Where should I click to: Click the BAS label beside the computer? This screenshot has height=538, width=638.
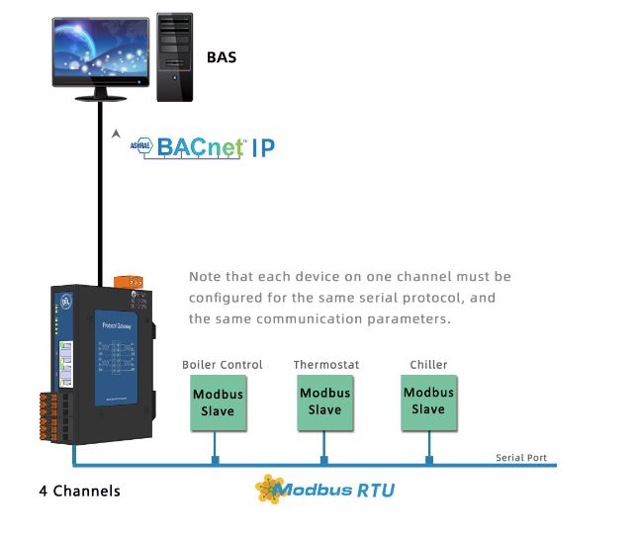point(222,57)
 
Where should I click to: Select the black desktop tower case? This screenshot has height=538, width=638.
point(175,56)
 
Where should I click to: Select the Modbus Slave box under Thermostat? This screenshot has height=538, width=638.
point(324,402)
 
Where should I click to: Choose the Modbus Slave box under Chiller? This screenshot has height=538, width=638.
point(428,402)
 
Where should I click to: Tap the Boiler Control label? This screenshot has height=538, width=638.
point(223,365)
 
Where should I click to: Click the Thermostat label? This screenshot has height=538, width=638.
point(326,365)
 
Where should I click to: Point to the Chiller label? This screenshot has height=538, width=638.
point(428,365)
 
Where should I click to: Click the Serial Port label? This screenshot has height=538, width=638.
point(521,458)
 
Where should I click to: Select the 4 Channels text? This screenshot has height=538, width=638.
point(79,491)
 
